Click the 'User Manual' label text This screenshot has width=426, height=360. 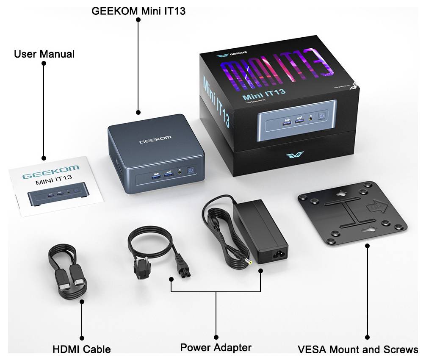point(44,54)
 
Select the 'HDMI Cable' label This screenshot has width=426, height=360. point(82,349)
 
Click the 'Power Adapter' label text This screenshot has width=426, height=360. point(216,348)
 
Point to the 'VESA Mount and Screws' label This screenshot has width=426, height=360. point(358,350)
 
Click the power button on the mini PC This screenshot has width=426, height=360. point(191,171)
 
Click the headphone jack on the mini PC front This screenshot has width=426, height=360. point(181,172)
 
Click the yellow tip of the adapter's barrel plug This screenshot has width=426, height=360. point(250,261)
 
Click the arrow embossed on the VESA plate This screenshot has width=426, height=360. point(376,207)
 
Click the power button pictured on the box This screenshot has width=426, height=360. point(323,116)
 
